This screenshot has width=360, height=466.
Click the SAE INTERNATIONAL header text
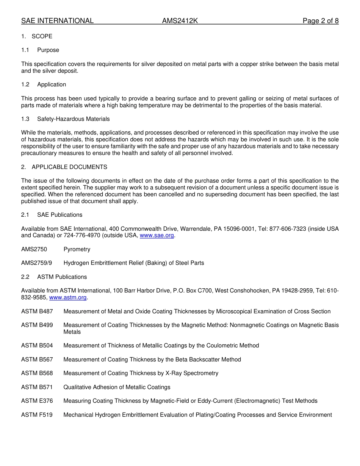57,21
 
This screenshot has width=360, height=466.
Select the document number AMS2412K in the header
180,21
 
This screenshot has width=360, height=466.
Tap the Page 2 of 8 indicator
321,21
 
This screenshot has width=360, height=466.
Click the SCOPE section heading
42,36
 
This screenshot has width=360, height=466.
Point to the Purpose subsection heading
48,50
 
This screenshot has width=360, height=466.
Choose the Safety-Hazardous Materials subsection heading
73,119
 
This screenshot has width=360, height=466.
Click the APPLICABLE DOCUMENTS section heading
69,167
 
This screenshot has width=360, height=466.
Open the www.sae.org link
157,236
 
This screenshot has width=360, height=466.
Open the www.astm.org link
68,298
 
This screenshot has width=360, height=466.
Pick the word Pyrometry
77,249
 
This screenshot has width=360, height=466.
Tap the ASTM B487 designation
37,311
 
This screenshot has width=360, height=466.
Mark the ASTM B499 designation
37,325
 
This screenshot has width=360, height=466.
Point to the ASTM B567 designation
37,360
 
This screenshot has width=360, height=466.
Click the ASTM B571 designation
37,387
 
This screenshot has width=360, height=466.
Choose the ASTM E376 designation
37,401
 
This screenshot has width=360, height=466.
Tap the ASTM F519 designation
37,415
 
